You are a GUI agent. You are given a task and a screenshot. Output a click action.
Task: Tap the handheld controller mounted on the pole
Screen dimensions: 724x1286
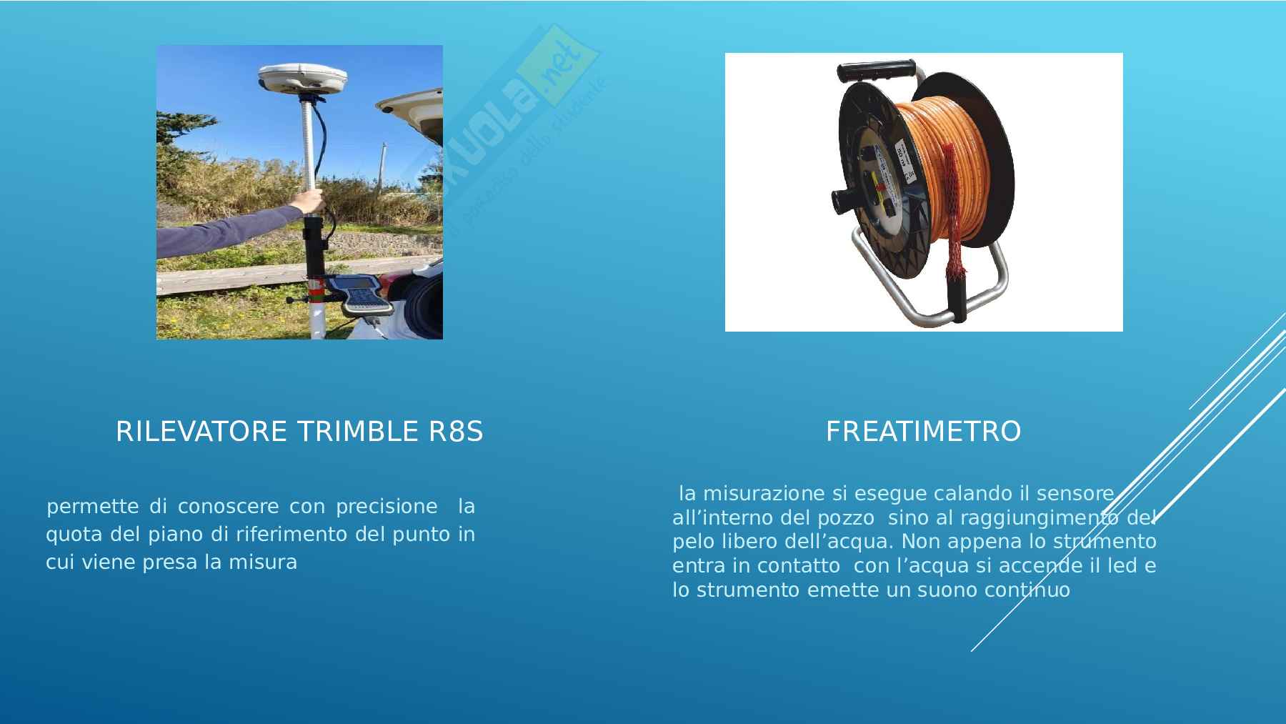coord(363,294)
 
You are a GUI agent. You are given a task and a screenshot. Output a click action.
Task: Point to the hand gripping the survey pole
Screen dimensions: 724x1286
coord(311,201)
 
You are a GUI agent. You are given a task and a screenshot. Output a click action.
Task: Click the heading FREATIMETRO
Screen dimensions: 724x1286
coord(923,432)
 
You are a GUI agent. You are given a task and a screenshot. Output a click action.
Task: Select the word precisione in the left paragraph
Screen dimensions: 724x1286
coord(387,507)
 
